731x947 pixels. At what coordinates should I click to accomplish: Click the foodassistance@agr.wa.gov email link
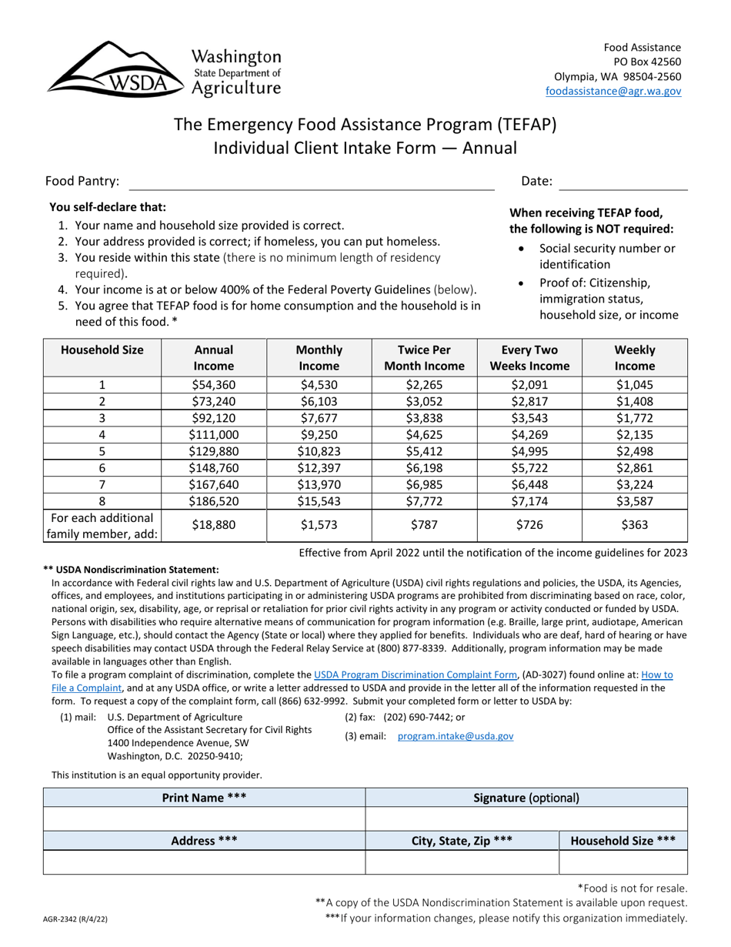coord(613,91)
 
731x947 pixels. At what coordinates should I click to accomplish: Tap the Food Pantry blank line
coord(312,182)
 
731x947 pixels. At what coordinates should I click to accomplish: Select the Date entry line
coord(623,182)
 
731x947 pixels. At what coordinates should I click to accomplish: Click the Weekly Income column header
coord(635,358)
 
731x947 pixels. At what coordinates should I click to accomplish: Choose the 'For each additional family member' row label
coord(102,526)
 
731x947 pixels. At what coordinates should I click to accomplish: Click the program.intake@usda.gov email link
coord(456,736)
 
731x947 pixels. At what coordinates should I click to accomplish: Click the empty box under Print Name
coord(204,819)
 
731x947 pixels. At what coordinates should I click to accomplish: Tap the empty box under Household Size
coord(623,863)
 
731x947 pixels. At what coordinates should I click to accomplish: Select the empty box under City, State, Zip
coord(461,863)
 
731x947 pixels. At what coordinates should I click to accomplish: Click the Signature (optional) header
coord(526,798)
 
